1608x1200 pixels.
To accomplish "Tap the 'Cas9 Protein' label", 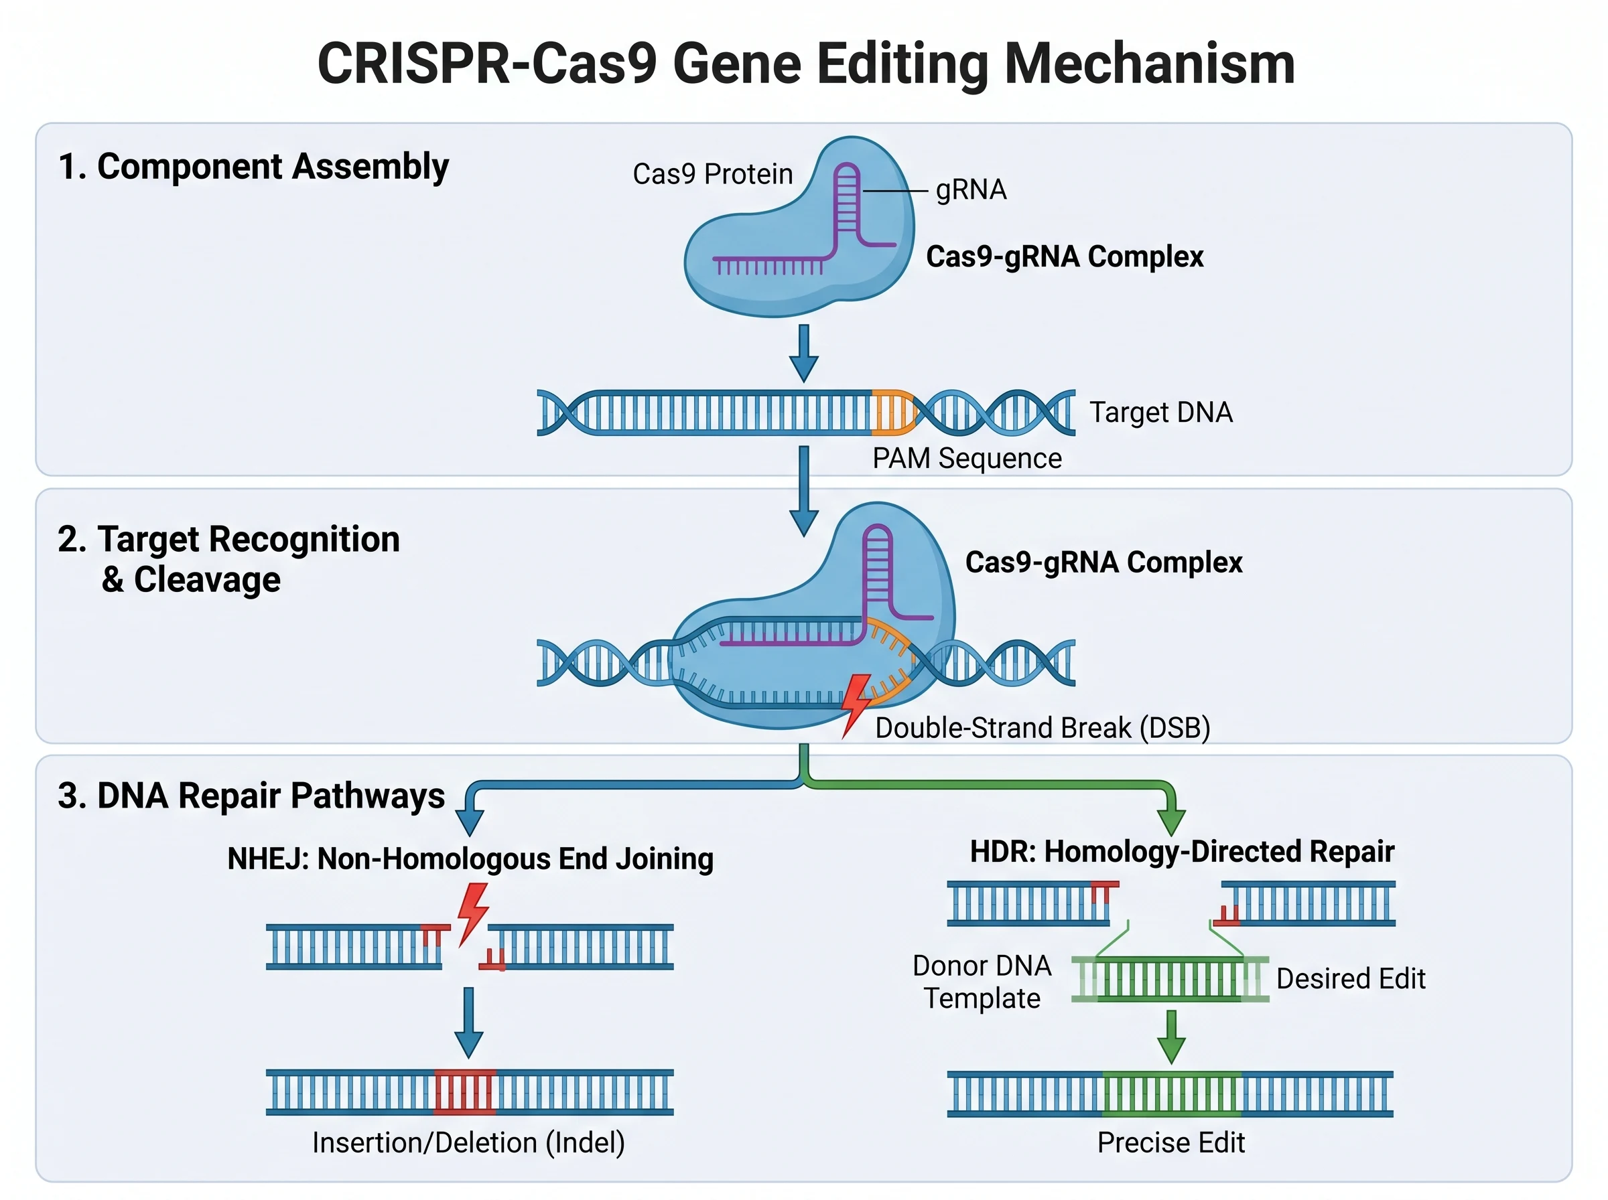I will pyautogui.click(x=712, y=174).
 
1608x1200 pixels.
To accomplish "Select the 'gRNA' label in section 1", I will pyautogui.click(x=971, y=190).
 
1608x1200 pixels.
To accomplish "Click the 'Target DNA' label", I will pyautogui.click(x=1160, y=412).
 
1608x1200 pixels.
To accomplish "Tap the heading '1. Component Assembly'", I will pyautogui.click(x=253, y=167).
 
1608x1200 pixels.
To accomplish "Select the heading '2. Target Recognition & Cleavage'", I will pyautogui.click(x=228, y=559).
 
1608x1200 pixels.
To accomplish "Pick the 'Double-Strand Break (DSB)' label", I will pyautogui.click(x=1042, y=728).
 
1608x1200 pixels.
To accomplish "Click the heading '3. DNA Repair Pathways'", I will pyautogui.click(x=251, y=796).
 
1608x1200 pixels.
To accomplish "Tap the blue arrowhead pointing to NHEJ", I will pyautogui.click(x=470, y=822).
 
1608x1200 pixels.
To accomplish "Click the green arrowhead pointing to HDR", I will pyautogui.click(x=1170, y=822).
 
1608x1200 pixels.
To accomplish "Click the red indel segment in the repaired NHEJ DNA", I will pyautogui.click(x=465, y=1092).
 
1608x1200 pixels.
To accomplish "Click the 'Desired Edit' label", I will pyautogui.click(x=1350, y=979).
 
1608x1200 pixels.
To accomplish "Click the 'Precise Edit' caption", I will pyautogui.click(x=1170, y=1143).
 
